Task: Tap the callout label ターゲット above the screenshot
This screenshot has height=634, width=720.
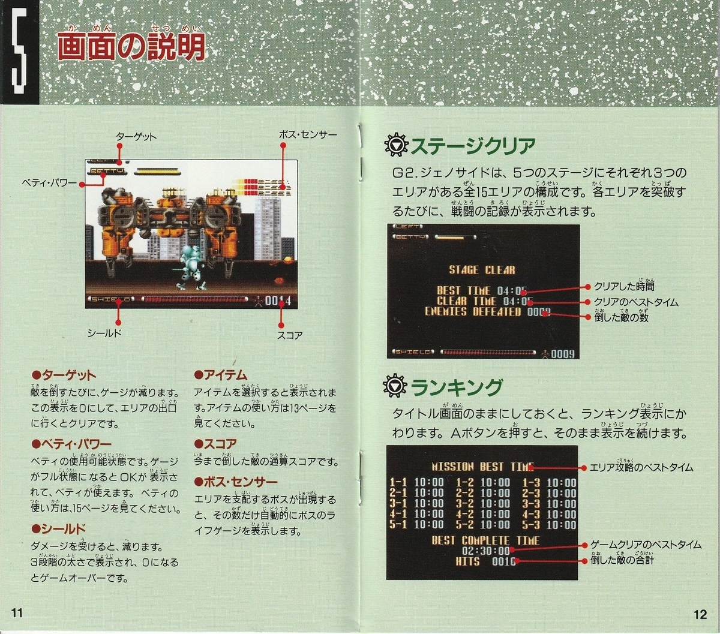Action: (x=136, y=137)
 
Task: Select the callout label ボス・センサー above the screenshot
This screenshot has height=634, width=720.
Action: (x=308, y=135)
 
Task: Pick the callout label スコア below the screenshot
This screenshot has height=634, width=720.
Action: (x=289, y=335)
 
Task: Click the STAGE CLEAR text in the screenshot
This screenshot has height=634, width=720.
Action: (x=482, y=270)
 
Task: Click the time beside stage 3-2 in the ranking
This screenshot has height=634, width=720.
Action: (x=495, y=504)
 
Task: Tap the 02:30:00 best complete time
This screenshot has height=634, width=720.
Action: (x=485, y=551)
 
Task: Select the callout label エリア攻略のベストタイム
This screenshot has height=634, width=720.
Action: (x=641, y=467)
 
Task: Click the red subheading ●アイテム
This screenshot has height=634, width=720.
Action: (x=221, y=375)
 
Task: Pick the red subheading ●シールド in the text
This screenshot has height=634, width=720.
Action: (x=58, y=528)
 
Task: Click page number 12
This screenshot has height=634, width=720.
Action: (x=700, y=614)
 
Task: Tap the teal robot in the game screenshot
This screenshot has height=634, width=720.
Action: (x=193, y=267)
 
